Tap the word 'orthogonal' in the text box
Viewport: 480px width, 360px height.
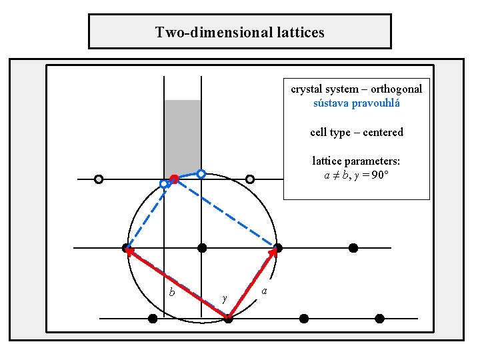[x=397, y=89]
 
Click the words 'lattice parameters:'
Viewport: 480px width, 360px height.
[x=357, y=161]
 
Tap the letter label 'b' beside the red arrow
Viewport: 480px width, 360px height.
[x=172, y=292]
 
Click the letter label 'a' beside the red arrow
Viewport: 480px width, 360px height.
[x=265, y=291]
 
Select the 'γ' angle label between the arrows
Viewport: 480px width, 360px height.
[x=225, y=298]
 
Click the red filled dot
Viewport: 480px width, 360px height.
[x=174, y=179]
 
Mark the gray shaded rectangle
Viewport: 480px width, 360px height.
[x=183, y=137]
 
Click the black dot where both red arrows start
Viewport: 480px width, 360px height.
[x=228, y=319]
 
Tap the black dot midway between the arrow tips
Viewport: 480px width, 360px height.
[x=202, y=248]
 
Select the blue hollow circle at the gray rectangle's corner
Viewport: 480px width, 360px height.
[x=201, y=173]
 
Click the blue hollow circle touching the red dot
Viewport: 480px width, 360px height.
[x=164, y=183]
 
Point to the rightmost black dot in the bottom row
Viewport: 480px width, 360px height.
[x=379, y=319]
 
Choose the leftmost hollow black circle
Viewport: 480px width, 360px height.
[x=99, y=179]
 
